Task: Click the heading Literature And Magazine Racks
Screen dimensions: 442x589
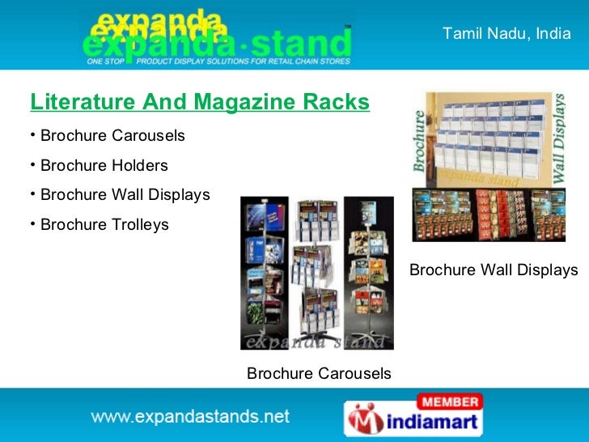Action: pos(200,102)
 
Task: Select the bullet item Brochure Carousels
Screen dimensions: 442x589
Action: pos(112,135)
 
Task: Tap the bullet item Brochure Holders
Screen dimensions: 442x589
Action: pos(104,165)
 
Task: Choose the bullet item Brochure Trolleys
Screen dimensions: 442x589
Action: pos(104,224)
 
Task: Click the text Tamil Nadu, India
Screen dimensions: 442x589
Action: pos(506,34)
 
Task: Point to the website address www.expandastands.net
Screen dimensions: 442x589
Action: pos(190,417)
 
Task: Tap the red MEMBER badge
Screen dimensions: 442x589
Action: pos(449,402)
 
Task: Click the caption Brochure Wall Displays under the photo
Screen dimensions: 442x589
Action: pos(494,270)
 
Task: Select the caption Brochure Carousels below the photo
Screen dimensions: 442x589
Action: pos(319,373)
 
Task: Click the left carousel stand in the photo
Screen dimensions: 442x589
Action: pos(265,271)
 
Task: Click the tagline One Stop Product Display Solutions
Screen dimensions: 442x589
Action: pos(218,61)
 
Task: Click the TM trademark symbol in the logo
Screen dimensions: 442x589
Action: pos(348,27)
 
